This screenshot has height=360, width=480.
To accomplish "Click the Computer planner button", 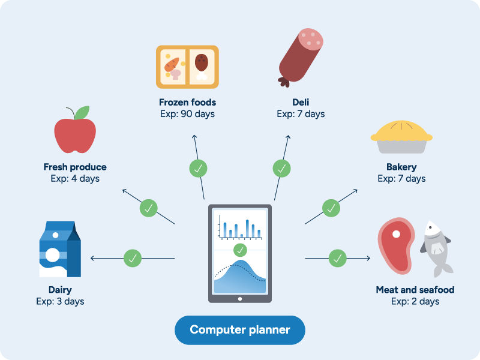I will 240,329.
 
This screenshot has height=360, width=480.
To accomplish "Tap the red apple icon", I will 75,134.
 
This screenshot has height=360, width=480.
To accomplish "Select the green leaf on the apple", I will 82,112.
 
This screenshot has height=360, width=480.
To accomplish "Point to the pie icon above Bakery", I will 401,137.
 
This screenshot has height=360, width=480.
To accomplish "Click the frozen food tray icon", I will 187,67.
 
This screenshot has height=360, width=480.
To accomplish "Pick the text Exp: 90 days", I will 187,114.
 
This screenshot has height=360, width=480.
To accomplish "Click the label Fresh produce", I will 75,167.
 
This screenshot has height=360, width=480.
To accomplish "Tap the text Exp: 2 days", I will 415,301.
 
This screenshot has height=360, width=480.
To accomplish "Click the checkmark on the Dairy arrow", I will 133,259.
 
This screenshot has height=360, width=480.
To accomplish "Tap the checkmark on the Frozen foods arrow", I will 197,169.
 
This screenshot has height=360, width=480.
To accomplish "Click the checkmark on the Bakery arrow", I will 331,208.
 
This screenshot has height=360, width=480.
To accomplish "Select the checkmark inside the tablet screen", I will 240,250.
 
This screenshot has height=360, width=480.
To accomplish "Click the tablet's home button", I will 240,298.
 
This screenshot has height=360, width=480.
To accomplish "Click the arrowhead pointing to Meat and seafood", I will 367,259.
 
